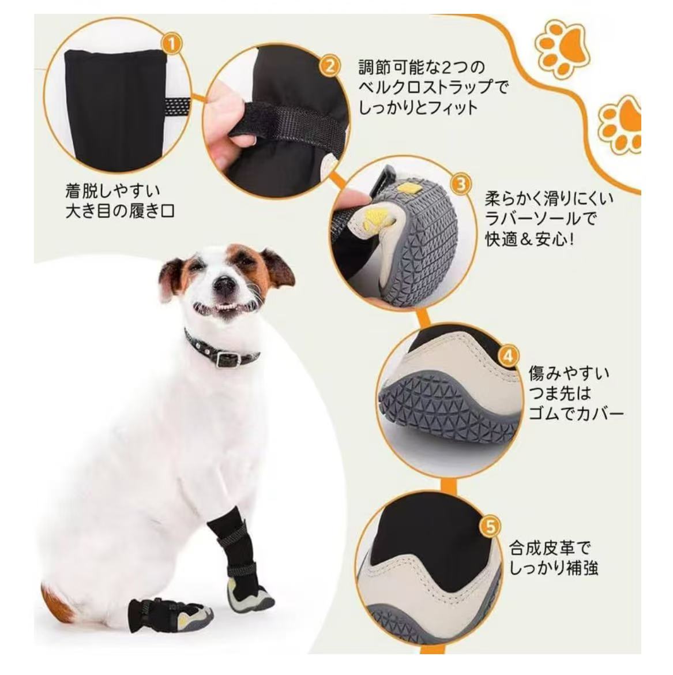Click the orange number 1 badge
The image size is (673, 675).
pyautogui.click(x=172, y=44)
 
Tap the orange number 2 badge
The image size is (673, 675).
pyautogui.click(x=330, y=67)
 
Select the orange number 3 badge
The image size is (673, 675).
pyautogui.click(x=461, y=184)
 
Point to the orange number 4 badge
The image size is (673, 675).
pyautogui.click(x=509, y=357)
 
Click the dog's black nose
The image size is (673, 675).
pyautogui.click(x=225, y=284)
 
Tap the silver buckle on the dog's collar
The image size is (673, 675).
pyautogui.click(x=224, y=358)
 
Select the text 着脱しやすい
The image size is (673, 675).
pyautogui.click(x=112, y=190)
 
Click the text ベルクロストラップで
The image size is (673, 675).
pyautogui.click(x=433, y=87)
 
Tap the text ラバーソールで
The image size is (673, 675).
pyautogui.click(x=541, y=219)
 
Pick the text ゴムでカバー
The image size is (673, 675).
pyautogui.click(x=576, y=414)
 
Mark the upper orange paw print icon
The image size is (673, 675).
pyautogui.click(x=562, y=48)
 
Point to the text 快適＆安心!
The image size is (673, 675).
pyautogui.click(x=529, y=239)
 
